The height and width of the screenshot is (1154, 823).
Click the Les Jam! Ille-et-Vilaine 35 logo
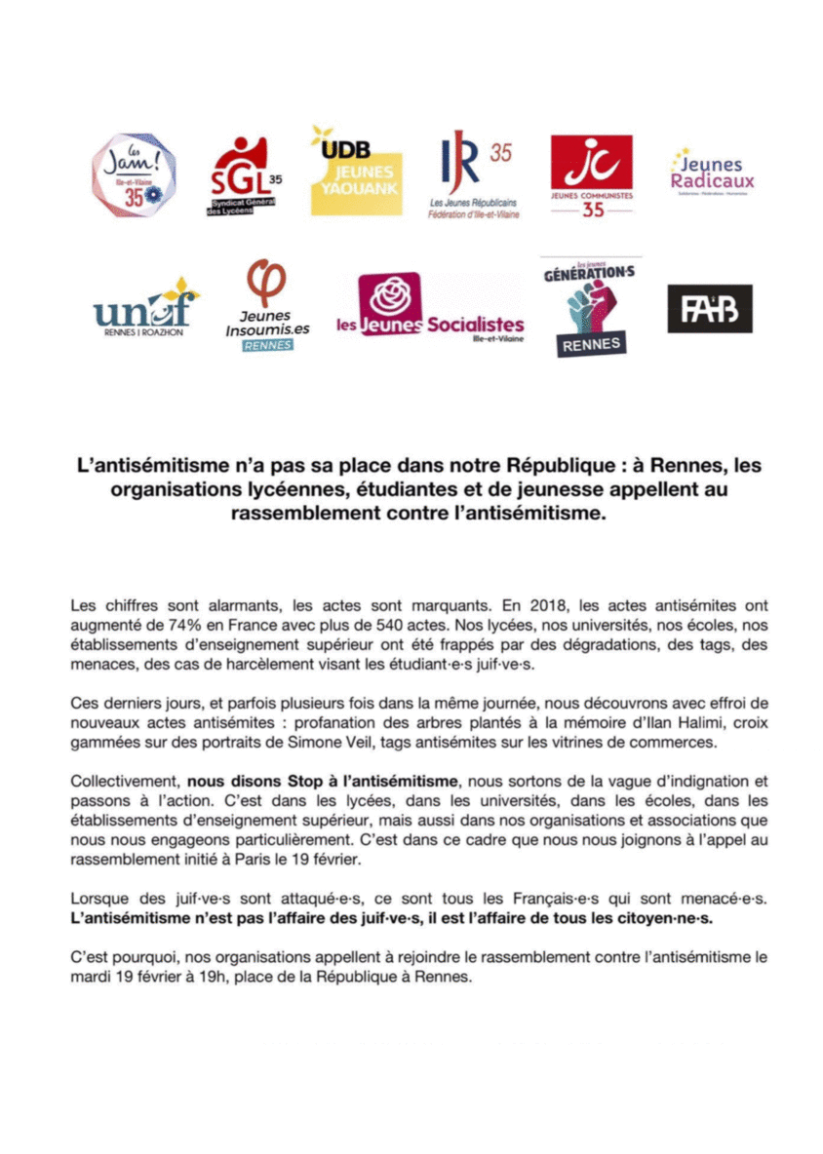(134, 175)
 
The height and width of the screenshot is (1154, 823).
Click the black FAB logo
(709, 309)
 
